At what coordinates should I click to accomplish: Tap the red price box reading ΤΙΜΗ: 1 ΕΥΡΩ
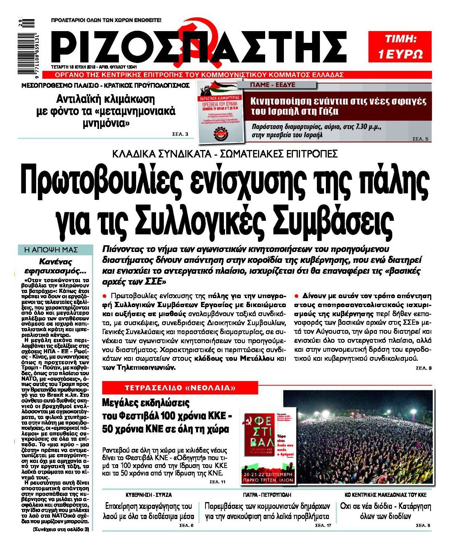point(400,46)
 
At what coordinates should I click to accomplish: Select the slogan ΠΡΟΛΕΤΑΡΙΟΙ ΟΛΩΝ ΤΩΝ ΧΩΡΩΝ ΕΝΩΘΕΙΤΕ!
point(106,19)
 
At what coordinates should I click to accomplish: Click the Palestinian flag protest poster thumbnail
point(219,111)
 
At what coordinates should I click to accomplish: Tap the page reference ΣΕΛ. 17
point(323,525)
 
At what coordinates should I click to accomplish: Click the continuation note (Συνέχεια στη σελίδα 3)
point(61,529)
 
